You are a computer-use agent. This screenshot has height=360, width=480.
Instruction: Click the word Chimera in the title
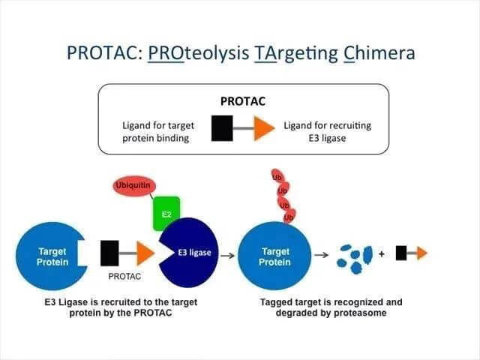click(376, 54)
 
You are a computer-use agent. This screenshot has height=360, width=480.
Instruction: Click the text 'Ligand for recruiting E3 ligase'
click(327, 132)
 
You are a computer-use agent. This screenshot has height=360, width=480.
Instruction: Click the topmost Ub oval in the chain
click(277, 178)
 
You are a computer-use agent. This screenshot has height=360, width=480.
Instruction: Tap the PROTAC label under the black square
click(124, 276)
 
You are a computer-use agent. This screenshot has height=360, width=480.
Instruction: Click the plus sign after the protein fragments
click(382, 254)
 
